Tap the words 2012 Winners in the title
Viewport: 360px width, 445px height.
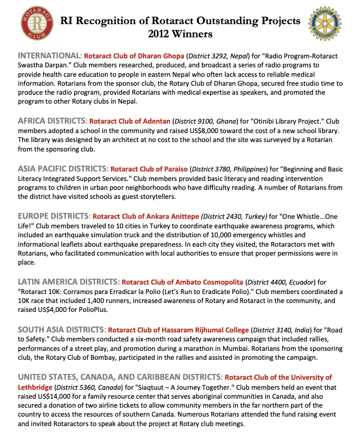180,34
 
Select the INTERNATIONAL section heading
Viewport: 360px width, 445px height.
49,56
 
